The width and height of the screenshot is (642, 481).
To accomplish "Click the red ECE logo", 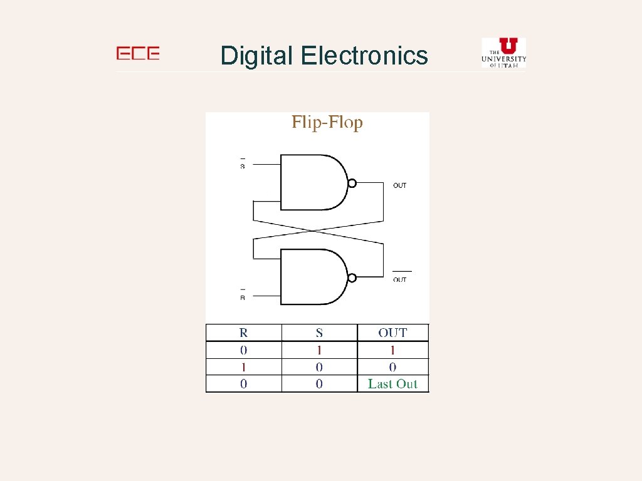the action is pyautogui.click(x=138, y=54).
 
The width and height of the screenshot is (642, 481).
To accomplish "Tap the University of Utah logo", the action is pyautogui.click(x=503, y=53).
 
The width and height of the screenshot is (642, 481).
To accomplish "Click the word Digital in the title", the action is pyautogui.click(x=256, y=56).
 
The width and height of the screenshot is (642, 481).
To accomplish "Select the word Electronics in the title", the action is pyautogui.click(x=364, y=56).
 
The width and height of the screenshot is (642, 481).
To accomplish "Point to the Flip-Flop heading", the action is pyautogui.click(x=327, y=122).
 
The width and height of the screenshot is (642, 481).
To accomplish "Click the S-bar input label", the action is pyautogui.click(x=243, y=165).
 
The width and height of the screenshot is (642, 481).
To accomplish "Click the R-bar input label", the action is pyautogui.click(x=243, y=296).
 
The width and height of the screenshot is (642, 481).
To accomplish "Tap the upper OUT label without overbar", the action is pyautogui.click(x=399, y=185).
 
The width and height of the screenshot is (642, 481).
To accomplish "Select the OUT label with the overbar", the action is pyautogui.click(x=400, y=278).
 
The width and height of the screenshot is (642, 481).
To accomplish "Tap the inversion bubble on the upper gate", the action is pyautogui.click(x=352, y=183).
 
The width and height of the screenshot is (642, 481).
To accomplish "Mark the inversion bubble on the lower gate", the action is pyautogui.click(x=352, y=277).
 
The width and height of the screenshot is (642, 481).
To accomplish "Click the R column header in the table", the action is pyautogui.click(x=244, y=333).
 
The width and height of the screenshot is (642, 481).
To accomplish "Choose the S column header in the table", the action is pyautogui.click(x=319, y=333).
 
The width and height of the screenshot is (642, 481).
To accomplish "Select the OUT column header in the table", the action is pyautogui.click(x=392, y=333).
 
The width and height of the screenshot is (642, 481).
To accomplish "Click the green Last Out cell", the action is pyautogui.click(x=392, y=384).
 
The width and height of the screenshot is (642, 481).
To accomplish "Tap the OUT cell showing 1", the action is pyautogui.click(x=392, y=350).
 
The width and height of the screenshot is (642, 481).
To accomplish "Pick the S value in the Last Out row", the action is pyautogui.click(x=319, y=384).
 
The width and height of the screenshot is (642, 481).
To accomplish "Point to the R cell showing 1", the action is pyautogui.click(x=244, y=367).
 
